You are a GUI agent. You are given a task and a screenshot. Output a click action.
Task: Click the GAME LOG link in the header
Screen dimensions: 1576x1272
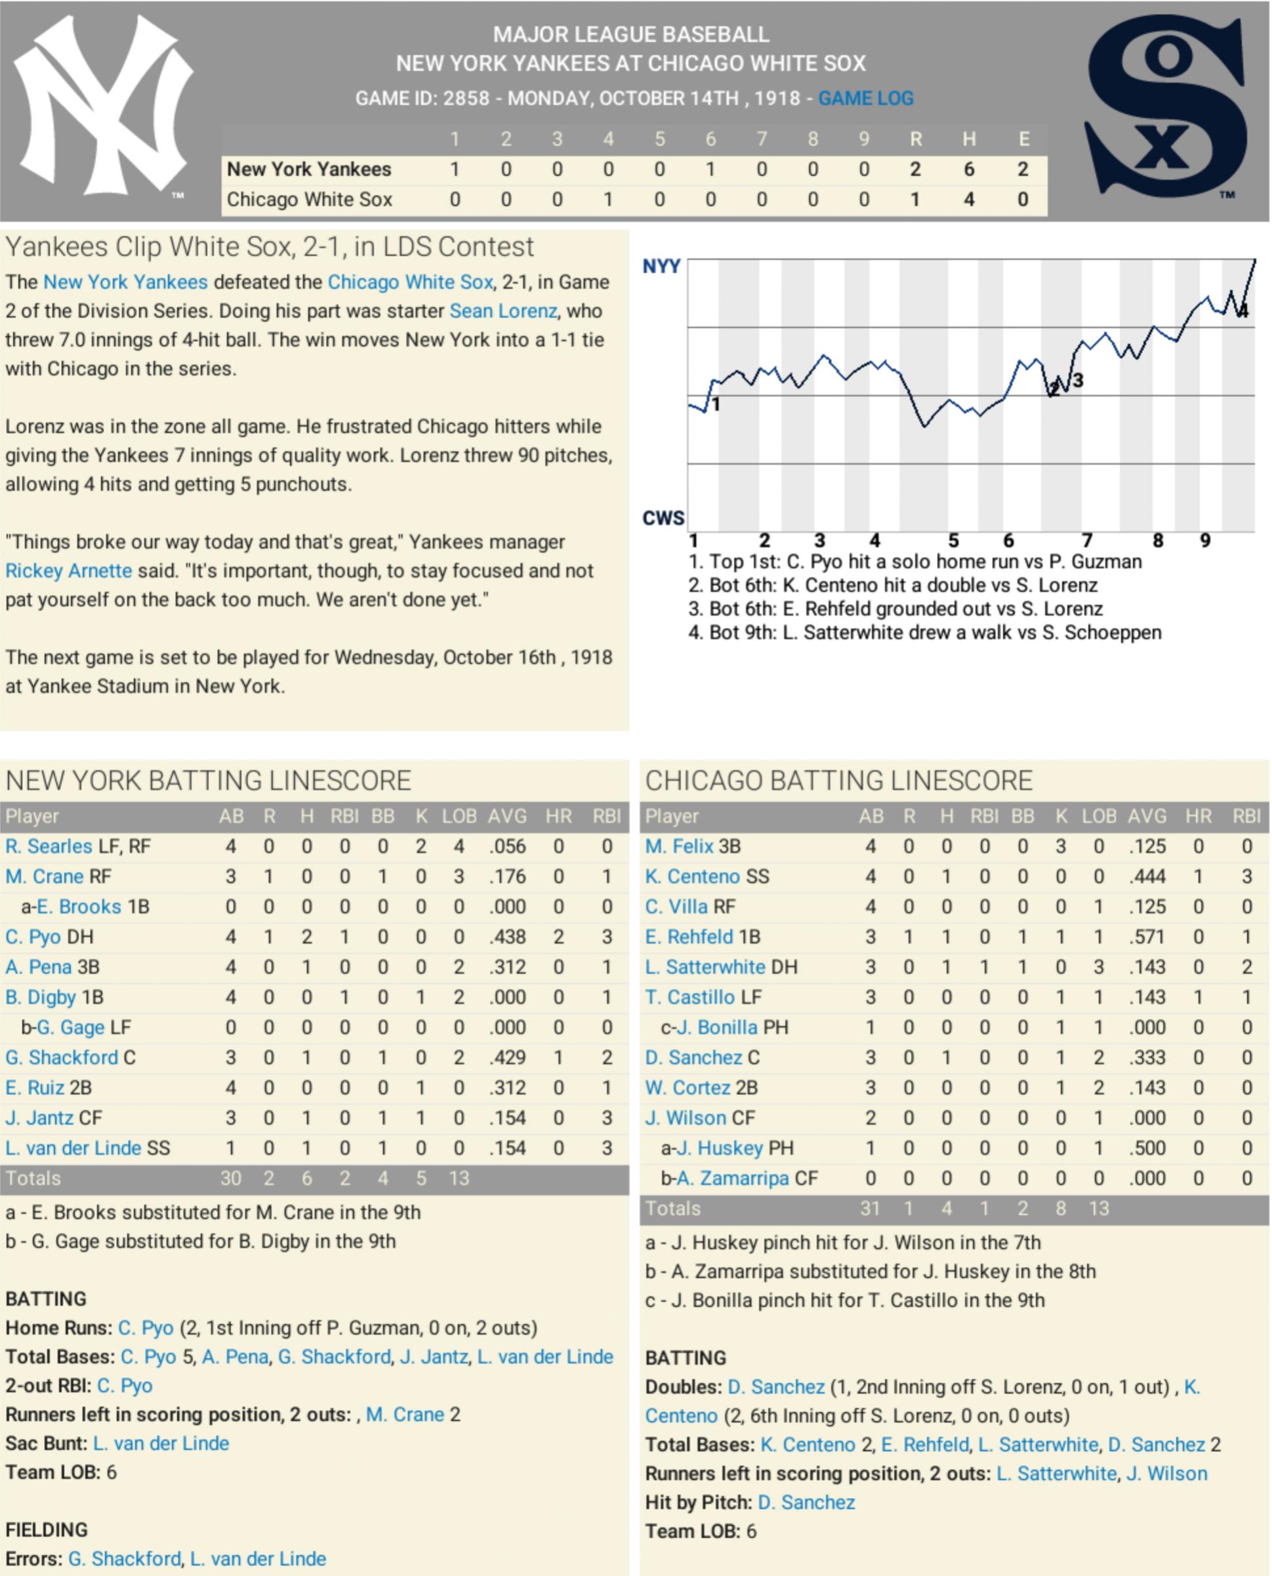pyautogui.click(x=865, y=98)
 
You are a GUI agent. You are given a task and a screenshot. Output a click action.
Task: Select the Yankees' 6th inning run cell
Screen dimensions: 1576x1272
pyautogui.click(x=710, y=169)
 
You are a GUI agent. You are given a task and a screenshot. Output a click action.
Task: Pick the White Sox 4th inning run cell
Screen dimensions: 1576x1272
pyautogui.click(x=608, y=200)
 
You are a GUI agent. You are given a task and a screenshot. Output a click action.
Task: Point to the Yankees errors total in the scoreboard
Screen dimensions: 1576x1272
pyautogui.click(x=1023, y=169)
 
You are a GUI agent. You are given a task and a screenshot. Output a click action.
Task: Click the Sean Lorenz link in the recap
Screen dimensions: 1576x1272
pyautogui.click(x=503, y=310)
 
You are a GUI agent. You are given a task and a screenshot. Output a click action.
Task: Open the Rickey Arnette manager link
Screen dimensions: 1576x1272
pyautogui.click(x=69, y=571)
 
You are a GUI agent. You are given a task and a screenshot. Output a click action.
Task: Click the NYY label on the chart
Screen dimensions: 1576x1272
pyautogui.click(x=661, y=266)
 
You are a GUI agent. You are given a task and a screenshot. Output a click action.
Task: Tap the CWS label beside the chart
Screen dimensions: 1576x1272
pyautogui.click(x=663, y=519)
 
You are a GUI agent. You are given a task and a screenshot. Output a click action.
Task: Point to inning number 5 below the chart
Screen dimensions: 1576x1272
pyautogui.click(x=953, y=541)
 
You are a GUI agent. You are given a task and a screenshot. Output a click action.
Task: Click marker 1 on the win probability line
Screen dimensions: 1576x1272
pyautogui.click(x=716, y=404)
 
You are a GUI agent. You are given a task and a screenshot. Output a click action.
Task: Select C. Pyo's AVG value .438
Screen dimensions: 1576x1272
pyautogui.click(x=507, y=937)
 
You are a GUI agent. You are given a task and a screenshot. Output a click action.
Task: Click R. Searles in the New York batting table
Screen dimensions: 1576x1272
pyautogui.click(x=49, y=847)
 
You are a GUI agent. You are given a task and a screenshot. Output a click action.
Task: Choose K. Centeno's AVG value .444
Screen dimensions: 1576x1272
pyautogui.click(x=1147, y=877)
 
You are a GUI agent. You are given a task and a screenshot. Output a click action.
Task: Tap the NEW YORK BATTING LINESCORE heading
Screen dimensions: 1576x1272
pyautogui.click(x=208, y=780)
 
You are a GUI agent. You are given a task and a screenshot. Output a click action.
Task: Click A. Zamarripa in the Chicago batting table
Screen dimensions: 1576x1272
pyautogui.click(x=733, y=1178)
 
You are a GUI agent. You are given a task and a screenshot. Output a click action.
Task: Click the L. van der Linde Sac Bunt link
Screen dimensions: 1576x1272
pyautogui.click(x=161, y=1443)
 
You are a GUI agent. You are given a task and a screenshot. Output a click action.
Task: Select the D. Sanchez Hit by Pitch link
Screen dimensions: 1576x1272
pyautogui.click(x=806, y=1502)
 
